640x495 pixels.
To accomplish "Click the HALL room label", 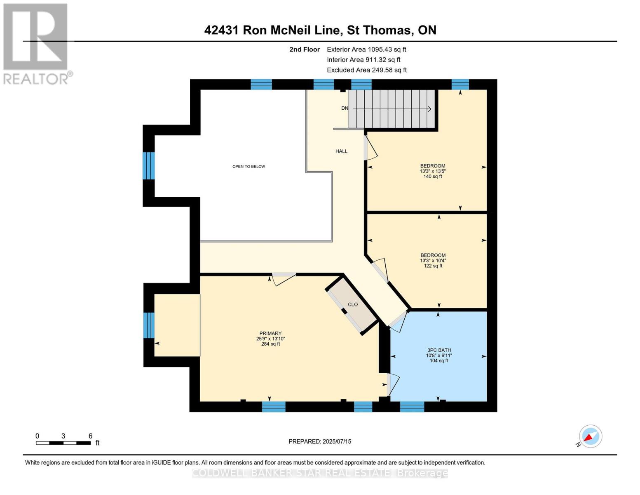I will tap(341, 151).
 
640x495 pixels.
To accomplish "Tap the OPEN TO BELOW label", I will tap(248, 167).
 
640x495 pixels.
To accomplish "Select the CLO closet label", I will tap(353, 304).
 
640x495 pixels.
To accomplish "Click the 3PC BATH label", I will tap(438, 350).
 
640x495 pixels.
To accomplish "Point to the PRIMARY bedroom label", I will tap(270, 333).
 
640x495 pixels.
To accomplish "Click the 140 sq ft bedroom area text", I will tap(433, 177).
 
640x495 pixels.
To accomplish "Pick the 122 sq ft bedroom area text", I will tap(433, 266).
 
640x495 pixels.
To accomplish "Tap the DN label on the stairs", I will tap(345, 108).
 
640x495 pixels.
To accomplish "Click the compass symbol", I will tap(590, 436).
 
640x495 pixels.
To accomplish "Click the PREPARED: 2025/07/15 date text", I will tap(320, 441).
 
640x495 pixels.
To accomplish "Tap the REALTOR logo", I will tap(36, 43).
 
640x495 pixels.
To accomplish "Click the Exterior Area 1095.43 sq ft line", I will tap(366, 49).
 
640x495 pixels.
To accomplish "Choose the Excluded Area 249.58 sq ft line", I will tap(367, 70).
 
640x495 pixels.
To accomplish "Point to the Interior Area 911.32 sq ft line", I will tap(363, 60).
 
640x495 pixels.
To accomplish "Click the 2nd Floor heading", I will tap(305, 49).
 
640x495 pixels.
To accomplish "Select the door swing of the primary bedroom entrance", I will tap(284, 278).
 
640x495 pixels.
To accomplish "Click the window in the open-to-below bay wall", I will tap(149, 166).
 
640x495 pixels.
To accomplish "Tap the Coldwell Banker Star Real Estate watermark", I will tap(320, 473).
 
